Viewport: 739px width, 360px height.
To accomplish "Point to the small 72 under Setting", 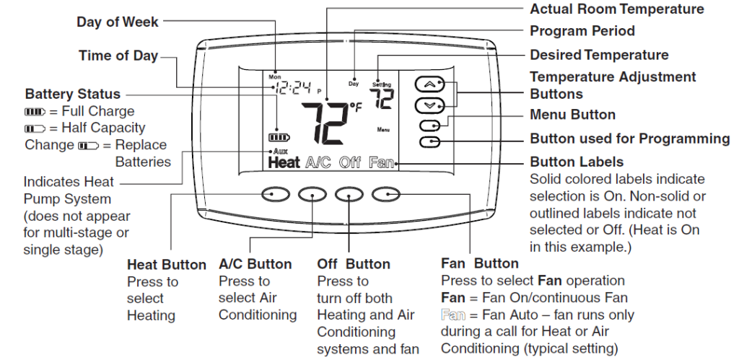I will pyautogui.click(x=382, y=99).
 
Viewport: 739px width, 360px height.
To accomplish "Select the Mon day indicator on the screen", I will pyautogui.click(x=274, y=76).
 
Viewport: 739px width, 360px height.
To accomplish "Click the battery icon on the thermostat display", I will pyautogui.click(x=276, y=137).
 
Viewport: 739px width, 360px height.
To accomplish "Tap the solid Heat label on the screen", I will pyautogui.click(x=284, y=163).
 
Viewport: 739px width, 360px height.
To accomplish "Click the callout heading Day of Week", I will pyautogui.click(x=117, y=22).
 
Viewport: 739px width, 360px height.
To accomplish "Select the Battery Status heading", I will pyautogui.click(x=73, y=95).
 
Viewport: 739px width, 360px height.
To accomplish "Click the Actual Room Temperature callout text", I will pyautogui.click(x=616, y=9).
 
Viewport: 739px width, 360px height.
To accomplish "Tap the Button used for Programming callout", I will pyautogui.click(x=629, y=139).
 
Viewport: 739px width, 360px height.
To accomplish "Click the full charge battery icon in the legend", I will pyautogui.click(x=35, y=112).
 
